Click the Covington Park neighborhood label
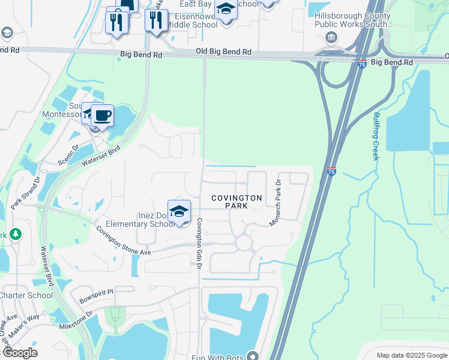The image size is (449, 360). [x=237, y=202]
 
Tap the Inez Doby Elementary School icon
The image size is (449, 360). [x=179, y=212]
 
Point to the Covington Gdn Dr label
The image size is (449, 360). [x=199, y=243]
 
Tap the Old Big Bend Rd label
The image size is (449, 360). [x=223, y=53]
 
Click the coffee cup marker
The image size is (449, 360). [x=102, y=115]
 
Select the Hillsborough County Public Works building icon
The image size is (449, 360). [x=330, y=39]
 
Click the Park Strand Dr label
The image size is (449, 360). [x=31, y=193]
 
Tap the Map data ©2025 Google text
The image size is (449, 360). [x=411, y=355]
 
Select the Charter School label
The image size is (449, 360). [x=26, y=295]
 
